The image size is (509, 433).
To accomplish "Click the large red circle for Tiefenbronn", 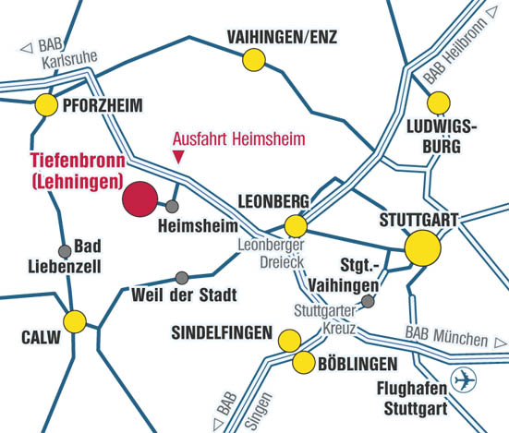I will (140, 198).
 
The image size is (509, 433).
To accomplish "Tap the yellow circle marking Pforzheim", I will (45, 104).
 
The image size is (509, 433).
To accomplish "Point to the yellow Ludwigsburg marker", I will (439, 102).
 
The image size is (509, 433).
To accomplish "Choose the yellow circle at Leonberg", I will (296, 225).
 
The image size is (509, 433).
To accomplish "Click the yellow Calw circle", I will (75, 320).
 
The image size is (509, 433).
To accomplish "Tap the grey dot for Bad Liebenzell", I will (65, 251).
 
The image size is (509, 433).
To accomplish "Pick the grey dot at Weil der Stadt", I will (182, 278).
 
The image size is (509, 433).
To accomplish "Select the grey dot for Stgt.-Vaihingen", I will (369, 301).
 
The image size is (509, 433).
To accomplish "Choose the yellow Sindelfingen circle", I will (290, 339).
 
